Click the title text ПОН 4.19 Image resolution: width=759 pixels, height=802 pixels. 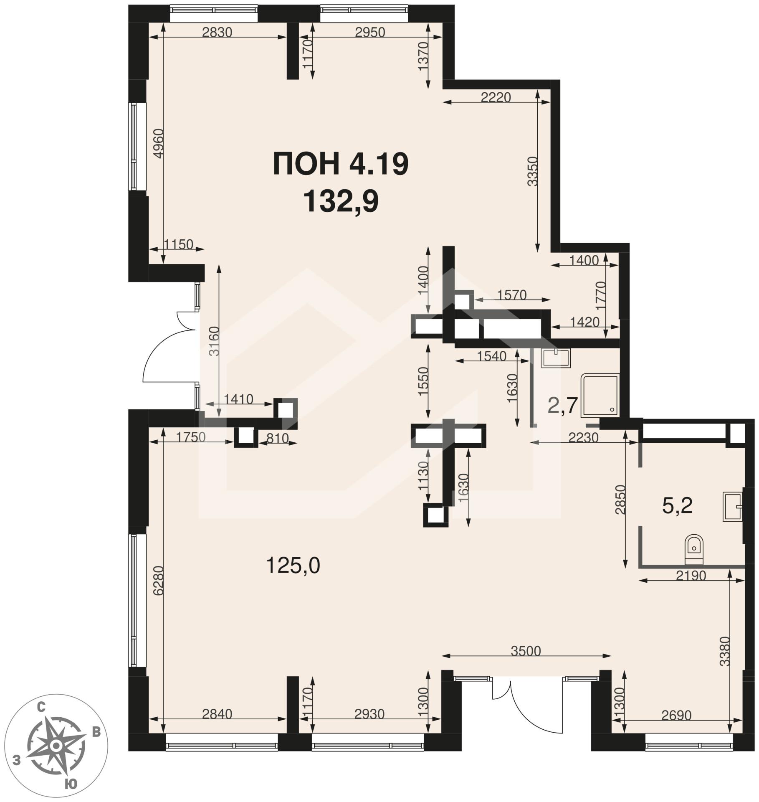(x=340, y=164)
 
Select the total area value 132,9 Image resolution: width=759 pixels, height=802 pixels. (x=340, y=201)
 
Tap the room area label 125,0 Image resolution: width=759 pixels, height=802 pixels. (x=293, y=566)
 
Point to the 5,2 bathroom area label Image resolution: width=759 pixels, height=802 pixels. (x=678, y=505)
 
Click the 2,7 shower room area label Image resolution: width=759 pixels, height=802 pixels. (x=562, y=405)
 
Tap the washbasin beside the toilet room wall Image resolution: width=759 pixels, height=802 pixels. (x=733, y=507)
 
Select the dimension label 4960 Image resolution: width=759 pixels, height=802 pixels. (x=158, y=144)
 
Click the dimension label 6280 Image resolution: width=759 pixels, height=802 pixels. (x=158, y=581)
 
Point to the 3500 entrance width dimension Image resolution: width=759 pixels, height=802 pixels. (x=526, y=650)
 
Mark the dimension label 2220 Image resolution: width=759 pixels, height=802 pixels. (x=496, y=97)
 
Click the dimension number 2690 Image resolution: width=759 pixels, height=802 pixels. (x=676, y=715)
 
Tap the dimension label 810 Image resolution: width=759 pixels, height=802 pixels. (x=277, y=438)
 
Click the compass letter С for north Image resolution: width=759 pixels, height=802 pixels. (x=41, y=707)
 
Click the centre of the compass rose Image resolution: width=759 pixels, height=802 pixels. (x=56, y=745)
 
